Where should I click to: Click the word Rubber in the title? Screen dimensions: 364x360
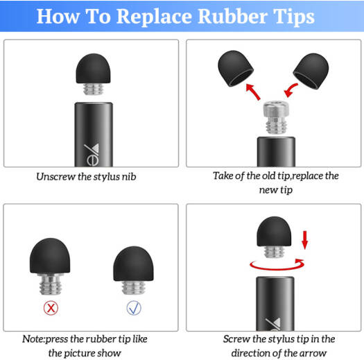click(x=232, y=16)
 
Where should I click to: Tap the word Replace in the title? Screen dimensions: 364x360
click(x=155, y=17)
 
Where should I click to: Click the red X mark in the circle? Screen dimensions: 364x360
click(x=51, y=308)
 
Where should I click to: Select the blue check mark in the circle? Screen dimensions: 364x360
click(x=134, y=308)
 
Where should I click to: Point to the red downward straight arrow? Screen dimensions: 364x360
click(x=305, y=240)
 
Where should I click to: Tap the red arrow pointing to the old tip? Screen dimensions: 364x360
click(x=253, y=92)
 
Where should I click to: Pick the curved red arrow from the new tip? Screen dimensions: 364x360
click(x=291, y=90)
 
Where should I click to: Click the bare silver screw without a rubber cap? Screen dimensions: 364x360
click(x=276, y=117)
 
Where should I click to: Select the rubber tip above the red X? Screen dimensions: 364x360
click(x=50, y=256)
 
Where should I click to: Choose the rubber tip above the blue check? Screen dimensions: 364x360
click(x=134, y=264)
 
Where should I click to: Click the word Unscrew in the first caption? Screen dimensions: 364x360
click(x=55, y=177)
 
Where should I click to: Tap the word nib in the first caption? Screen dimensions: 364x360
click(x=129, y=177)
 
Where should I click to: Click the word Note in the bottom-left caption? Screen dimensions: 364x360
click(x=33, y=339)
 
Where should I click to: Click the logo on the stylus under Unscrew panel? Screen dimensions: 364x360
click(x=92, y=155)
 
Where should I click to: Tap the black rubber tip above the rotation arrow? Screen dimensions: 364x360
click(x=274, y=232)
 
